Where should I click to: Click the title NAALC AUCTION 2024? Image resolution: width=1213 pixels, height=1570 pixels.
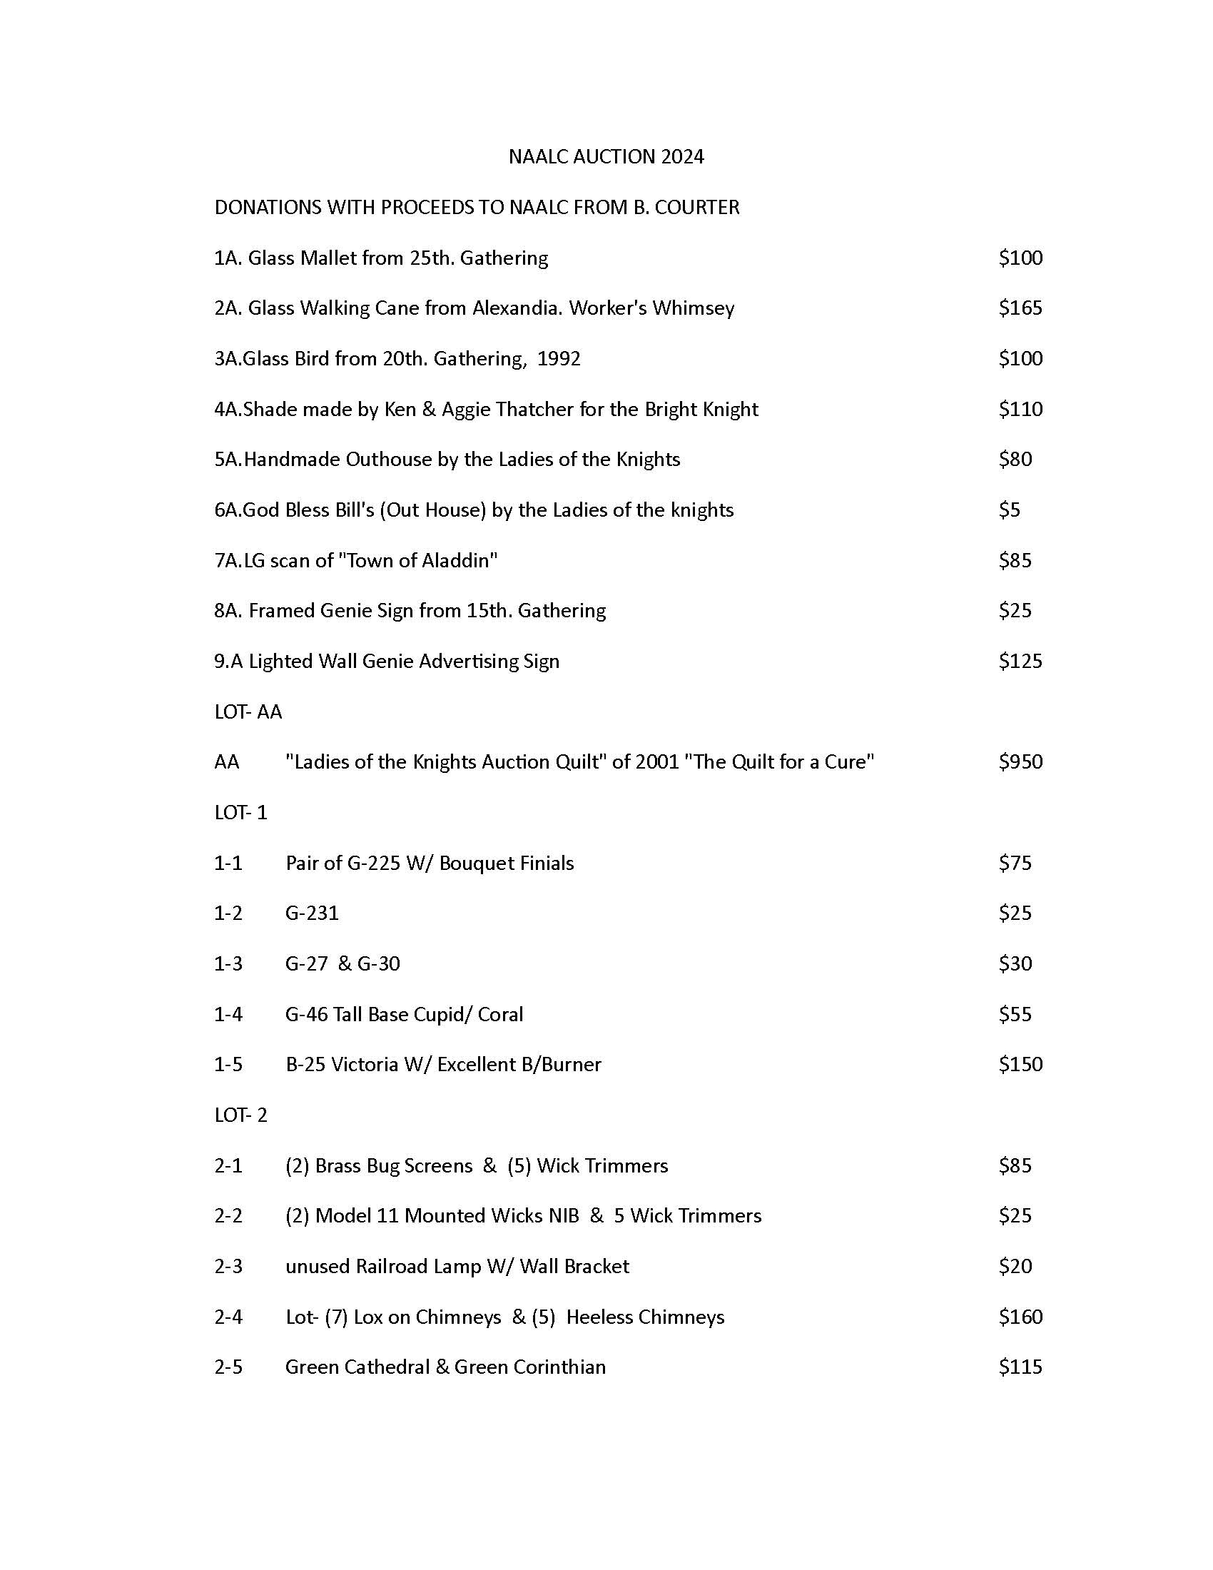606,157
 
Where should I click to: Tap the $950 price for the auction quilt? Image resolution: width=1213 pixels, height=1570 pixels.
1020,761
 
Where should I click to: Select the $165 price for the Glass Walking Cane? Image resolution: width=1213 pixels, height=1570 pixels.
1020,308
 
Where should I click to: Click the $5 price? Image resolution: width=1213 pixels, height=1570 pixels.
1009,510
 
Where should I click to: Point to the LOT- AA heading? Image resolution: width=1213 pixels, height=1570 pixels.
248,711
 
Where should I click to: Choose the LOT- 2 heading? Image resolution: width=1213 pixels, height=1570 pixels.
240,1114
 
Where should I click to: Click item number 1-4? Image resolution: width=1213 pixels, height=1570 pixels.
228,1013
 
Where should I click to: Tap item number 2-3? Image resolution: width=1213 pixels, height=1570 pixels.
228,1266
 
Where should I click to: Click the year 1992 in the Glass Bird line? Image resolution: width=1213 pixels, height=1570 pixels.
559,358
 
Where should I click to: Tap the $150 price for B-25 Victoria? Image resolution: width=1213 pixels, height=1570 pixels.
1020,1064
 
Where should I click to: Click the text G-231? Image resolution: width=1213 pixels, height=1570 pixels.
312,913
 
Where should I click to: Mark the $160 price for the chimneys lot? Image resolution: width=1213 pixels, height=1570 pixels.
1020,1316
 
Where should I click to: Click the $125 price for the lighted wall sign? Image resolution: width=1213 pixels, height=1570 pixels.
1020,661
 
